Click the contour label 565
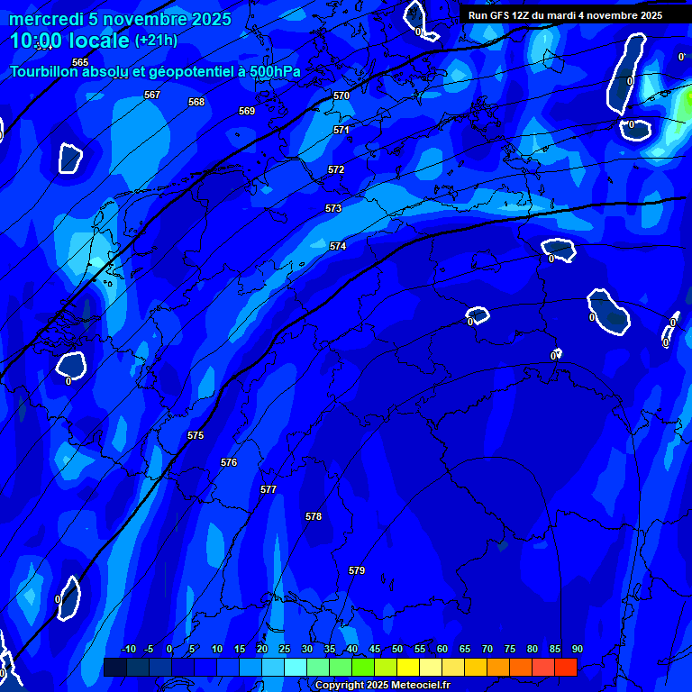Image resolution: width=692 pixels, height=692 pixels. click(80, 62)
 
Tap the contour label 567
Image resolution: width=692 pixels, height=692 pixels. click(152, 95)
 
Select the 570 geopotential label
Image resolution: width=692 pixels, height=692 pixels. click(341, 96)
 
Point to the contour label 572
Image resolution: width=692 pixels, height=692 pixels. click(336, 169)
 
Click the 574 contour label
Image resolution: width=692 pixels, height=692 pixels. click(338, 246)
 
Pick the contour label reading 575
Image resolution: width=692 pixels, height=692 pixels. click(196, 435)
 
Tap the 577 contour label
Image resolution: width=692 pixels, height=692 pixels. click(269, 489)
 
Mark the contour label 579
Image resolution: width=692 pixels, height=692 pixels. click(357, 570)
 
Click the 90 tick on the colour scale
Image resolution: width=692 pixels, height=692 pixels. click(577, 649)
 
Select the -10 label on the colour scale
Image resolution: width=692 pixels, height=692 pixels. click(128, 649)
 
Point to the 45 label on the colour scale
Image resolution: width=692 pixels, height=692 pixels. click(374, 649)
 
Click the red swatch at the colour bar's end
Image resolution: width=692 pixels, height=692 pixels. click(566, 667)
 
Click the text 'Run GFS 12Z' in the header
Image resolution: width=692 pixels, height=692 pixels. click(498, 15)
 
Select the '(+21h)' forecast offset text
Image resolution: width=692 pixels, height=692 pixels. click(155, 41)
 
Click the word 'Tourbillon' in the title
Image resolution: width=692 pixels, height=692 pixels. click(44, 71)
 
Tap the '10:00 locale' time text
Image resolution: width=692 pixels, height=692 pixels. click(69, 41)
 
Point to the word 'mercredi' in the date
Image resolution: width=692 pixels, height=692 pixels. click(46, 19)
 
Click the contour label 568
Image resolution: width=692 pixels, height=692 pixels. click(196, 102)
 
